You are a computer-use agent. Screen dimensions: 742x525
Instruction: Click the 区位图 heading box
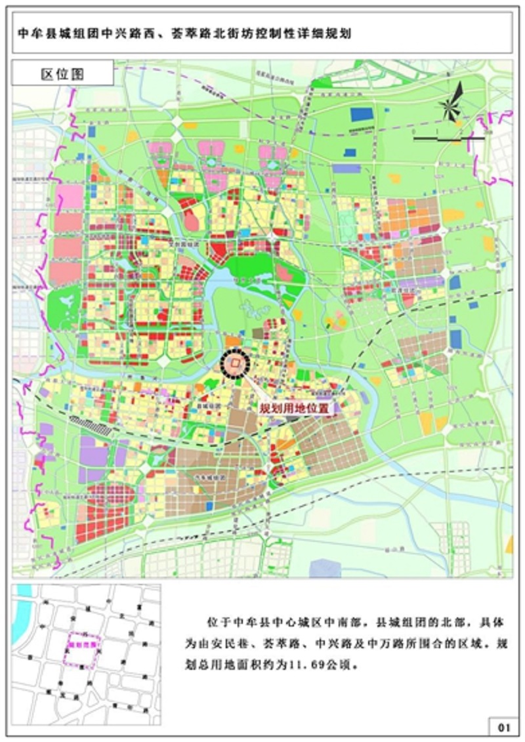pyautogui.click(x=63, y=73)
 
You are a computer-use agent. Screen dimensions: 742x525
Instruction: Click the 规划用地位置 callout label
pyautogui.click(x=293, y=408)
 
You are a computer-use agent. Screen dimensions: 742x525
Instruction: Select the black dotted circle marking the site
pyautogui.click(x=236, y=362)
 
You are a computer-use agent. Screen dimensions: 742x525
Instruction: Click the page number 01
pyautogui.click(x=503, y=726)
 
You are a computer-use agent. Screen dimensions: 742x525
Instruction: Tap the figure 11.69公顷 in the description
pyautogui.click(x=325, y=663)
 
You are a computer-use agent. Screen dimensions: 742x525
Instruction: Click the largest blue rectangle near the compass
pyautogui.click(x=361, y=113)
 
